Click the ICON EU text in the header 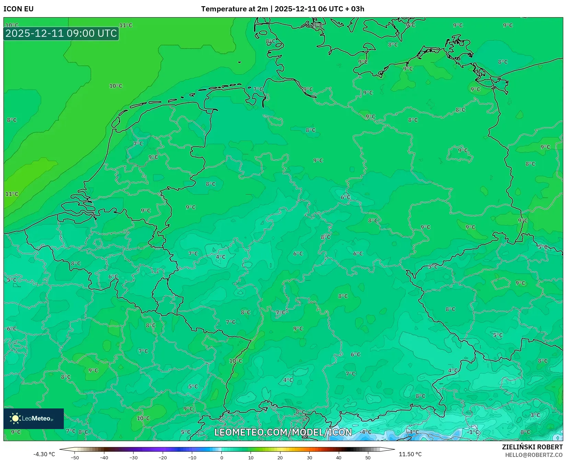click(x=19, y=9)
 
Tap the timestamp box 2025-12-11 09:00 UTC click(x=61, y=33)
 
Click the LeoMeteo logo click(x=33, y=418)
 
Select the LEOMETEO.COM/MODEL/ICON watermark click(x=283, y=432)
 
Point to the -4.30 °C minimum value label click(x=44, y=454)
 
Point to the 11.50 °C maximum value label click(x=410, y=454)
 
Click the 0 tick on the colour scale click(x=221, y=457)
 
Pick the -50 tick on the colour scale click(x=75, y=457)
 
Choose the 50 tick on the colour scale click(x=368, y=457)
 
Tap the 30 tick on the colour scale click(x=309, y=457)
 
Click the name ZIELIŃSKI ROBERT click(x=532, y=447)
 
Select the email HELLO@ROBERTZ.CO click(x=534, y=455)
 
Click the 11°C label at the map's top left click(x=126, y=25)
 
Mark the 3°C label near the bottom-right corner click(x=535, y=415)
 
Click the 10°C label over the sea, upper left click(x=116, y=86)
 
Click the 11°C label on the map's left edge click(x=12, y=194)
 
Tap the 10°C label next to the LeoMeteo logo click(x=143, y=418)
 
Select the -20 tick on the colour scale click(x=163, y=457)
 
